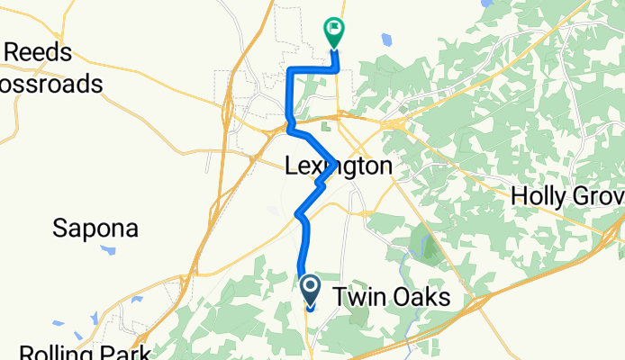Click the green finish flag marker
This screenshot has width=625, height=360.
(x=335, y=31)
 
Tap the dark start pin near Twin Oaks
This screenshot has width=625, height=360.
(x=310, y=291)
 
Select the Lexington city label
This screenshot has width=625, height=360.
(x=339, y=166)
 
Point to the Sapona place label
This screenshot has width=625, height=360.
(x=95, y=229)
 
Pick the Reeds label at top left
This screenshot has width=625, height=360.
(x=39, y=51)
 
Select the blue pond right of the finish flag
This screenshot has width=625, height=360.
(x=387, y=40)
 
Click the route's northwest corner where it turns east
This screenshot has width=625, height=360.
(x=289, y=70)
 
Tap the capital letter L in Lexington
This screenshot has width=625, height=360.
(x=292, y=166)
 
